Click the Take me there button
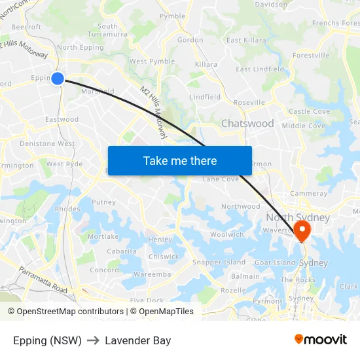point(180,160)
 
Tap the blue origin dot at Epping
point(58,79)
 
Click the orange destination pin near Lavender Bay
point(302,230)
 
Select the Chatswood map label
point(247,124)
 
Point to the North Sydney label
point(298,217)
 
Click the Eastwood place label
point(62,120)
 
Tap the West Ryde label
point(64,164)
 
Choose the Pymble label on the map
point(173,16)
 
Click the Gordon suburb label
point(190,40)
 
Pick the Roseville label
point(249,103)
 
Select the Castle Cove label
point(309,112)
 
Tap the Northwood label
point(240,206)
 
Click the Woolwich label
point(227,234)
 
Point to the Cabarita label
point(122,251)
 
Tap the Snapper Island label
point(219,262)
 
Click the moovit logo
point(321,339)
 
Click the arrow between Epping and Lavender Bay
point(93,340)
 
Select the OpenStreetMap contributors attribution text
point(65,312)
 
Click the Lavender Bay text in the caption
point(137,340)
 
